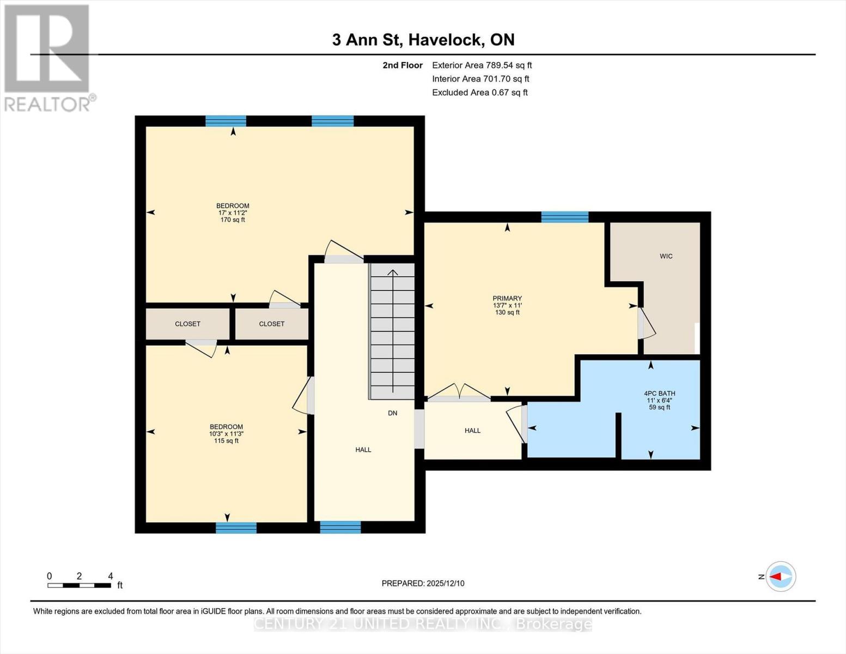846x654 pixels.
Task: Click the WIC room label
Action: (x=666, y=256)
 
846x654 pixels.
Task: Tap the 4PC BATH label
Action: (x=659, y=393)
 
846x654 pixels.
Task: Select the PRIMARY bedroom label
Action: (x=507, y=299)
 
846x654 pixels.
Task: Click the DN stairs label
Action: (x=392, y=413)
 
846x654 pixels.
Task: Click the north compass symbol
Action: (x=781, y=576)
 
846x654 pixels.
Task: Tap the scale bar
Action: (x=80, y=585)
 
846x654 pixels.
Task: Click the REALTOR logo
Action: (x=48, y=58)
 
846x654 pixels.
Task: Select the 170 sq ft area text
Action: (x=233, y=220)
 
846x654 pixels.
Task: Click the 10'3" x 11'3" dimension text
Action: (x=226, y=434)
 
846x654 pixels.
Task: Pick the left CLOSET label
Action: (x=187, y=324)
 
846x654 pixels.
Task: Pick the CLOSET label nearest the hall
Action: (x=271, y=324)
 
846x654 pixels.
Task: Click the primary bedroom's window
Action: (x=564, y=217)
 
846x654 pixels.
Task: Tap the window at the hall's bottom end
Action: (x=340, y=527)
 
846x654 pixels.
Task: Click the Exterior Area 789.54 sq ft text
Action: (x=482, y=65)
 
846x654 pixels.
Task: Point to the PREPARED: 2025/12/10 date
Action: (x=423, y=583)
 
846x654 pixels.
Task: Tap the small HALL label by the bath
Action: (x=472, y=431)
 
